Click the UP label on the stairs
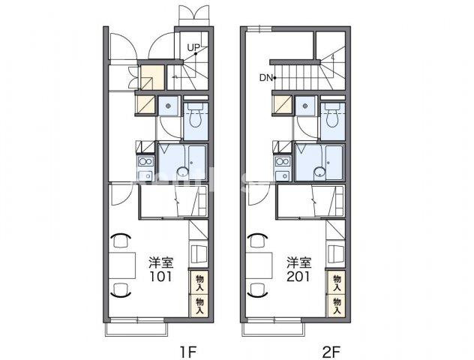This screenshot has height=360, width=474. (x=193, y=47)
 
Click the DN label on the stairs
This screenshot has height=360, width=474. (x=266, y=78)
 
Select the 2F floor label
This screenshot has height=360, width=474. (x=331, y=352)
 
